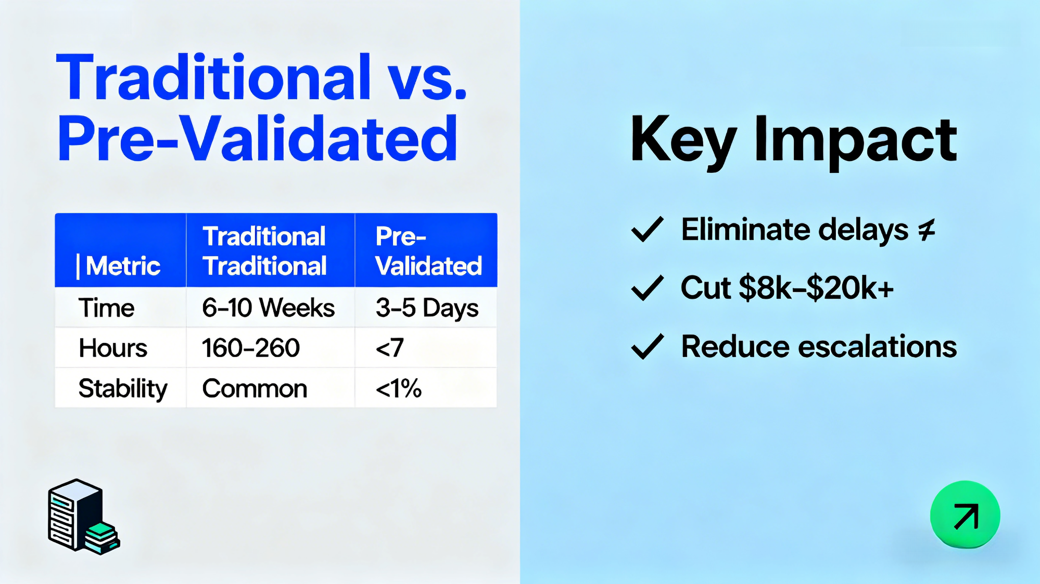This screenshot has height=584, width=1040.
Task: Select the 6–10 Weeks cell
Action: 269,308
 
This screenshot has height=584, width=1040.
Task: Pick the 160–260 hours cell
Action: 251,348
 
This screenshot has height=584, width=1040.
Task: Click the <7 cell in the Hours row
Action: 389,348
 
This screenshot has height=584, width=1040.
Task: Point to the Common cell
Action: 255,388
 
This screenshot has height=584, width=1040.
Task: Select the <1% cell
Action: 398,388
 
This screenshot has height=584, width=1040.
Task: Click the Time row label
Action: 106,308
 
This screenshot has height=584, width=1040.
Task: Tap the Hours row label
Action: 113,348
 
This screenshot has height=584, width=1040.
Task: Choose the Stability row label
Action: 123,389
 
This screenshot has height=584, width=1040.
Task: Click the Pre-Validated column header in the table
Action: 428,251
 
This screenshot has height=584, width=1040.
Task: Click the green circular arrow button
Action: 965,515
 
